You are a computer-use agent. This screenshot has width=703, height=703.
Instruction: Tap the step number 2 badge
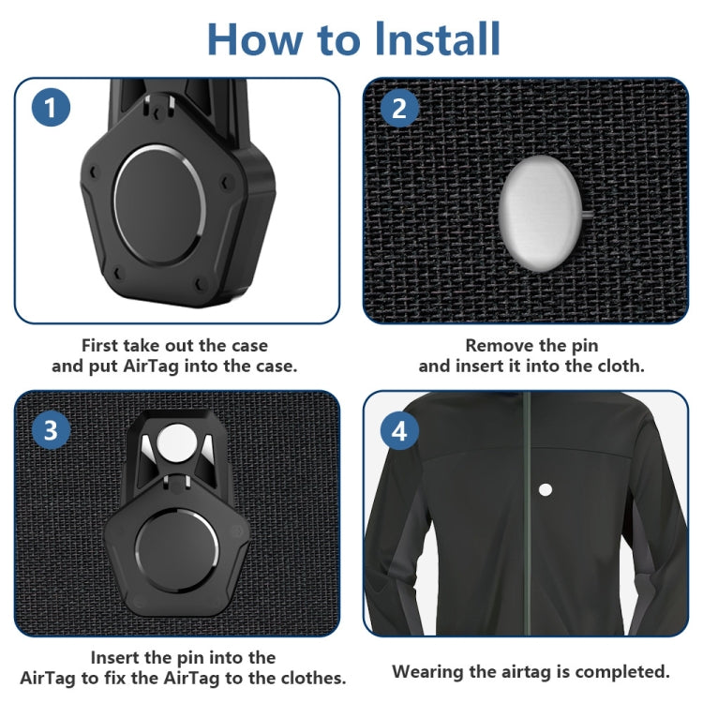(399, 108)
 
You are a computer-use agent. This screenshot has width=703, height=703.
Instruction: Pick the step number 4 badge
(399, 430)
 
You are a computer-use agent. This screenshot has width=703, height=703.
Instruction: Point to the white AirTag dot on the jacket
(546, 488)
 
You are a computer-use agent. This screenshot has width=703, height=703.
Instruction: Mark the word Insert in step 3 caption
(117, 657)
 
